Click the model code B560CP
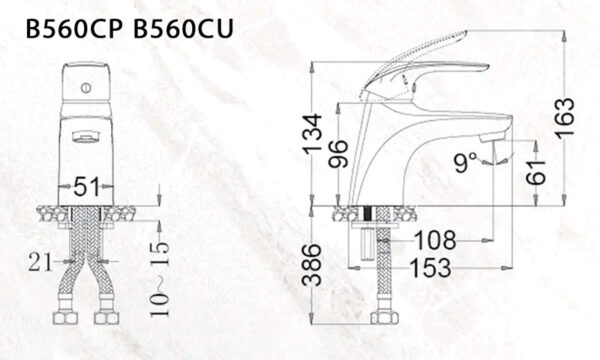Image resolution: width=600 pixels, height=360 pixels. point(72,29)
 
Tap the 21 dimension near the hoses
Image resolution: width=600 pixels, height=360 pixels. point(40,262)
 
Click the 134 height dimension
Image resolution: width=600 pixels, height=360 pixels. point(312,134)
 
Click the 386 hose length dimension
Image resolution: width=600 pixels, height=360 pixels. point(312,265)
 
